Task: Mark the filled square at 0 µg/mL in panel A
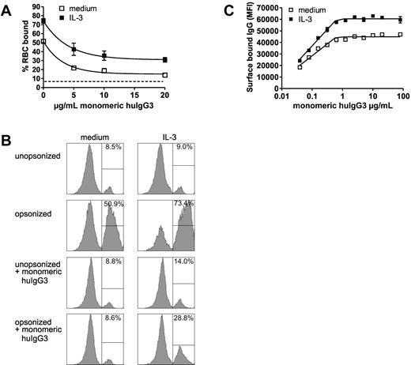point(43,21)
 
